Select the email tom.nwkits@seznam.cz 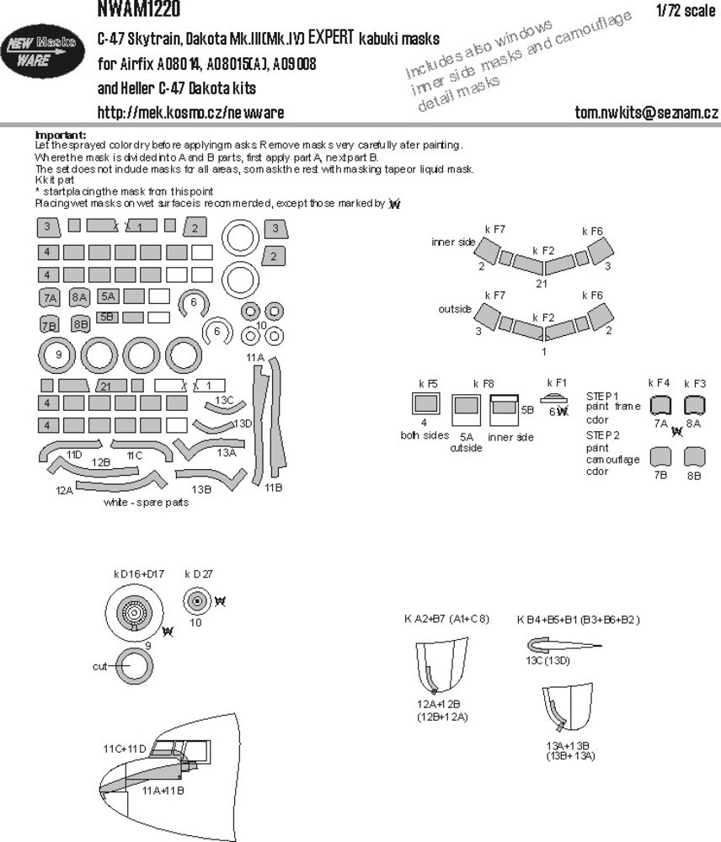click(x=645, y=113)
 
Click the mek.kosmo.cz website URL click(x=190, y=113)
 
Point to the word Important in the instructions click(x=60, y=135)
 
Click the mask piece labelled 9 click(x=57, y=354)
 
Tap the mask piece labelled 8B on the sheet click(x=81, y=324)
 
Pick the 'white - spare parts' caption click(x=146, y=503)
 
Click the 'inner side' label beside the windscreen click(x=453, y=242)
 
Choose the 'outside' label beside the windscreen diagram click(x=455, y=309)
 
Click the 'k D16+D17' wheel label click(x=139, y=574)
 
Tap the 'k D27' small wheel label click(x=199, y=574)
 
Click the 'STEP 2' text click(x=601, y=435)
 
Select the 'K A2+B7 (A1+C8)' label click(x=446, y=620)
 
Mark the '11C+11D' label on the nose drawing click(x=125, y=749)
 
